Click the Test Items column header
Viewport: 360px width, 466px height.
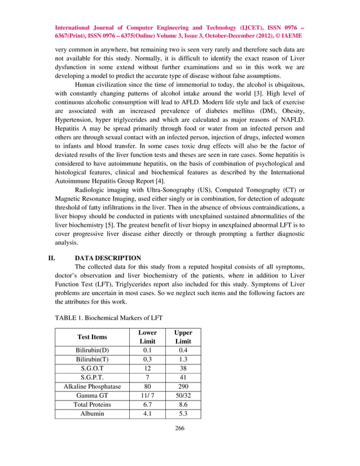coord(91,337)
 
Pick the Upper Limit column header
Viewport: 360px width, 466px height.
coord(183,337)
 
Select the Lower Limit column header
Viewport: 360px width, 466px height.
coord(147,337)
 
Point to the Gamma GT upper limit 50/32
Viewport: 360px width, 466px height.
coord(183,395)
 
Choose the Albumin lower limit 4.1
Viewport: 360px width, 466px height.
coord(147,414)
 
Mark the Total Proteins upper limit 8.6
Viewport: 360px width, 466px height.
coord(183,405)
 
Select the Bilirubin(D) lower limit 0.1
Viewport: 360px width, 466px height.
coord(147,350)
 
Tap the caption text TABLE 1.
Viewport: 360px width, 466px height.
coord(69,318)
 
